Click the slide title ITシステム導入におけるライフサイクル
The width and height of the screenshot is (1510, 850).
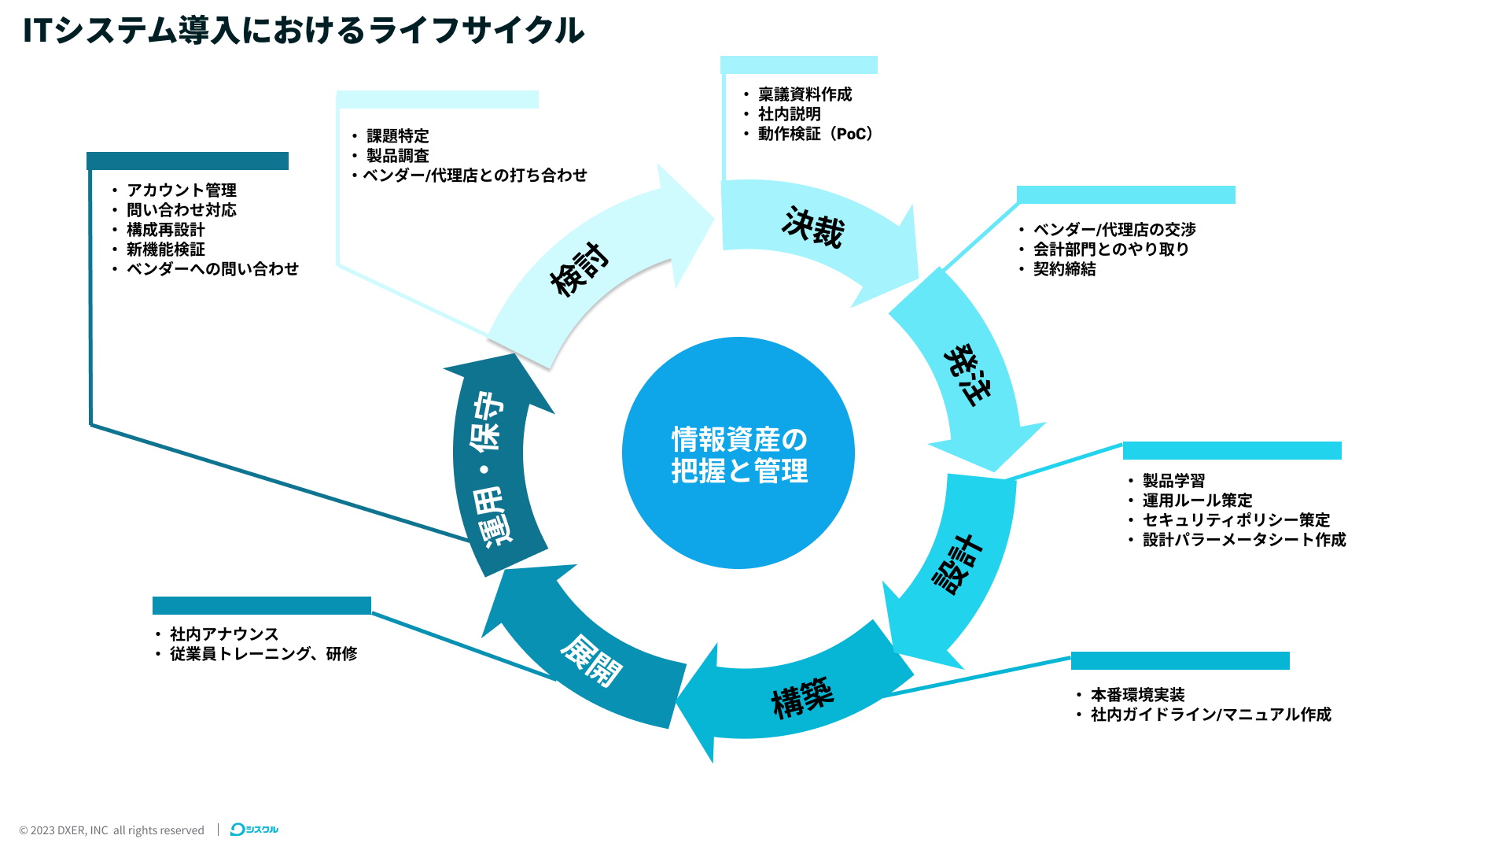click(303, 31)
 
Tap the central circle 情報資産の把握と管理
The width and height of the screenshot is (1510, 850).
click(738, 453)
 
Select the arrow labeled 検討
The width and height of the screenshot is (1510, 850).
click(580, 269)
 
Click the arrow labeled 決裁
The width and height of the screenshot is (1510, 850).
click(813, 228)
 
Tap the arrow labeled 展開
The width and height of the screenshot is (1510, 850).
click(591, 660)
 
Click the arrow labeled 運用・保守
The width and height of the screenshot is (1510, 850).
click(489, 468)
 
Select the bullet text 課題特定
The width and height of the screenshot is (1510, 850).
click(397, 136)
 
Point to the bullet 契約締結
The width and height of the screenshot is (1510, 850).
click(1064, 269)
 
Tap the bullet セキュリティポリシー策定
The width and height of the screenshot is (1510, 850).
click(1236, 520)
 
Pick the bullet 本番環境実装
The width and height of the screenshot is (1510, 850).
click(1137, 695)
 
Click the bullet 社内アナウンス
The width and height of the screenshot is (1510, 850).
click(224, 634)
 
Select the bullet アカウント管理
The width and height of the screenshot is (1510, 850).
click(181, 190)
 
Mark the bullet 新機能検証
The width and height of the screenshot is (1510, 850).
click(165, 249)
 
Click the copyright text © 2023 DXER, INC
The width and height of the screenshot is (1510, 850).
click(64, 830)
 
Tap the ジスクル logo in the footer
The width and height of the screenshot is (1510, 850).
click(254, 830)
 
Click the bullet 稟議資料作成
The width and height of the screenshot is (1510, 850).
click(805, 94)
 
